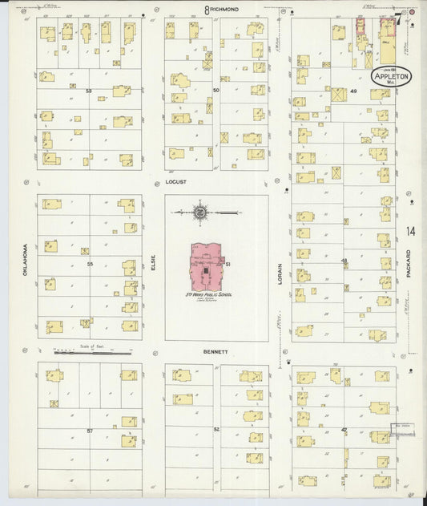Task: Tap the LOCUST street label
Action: (175, 183)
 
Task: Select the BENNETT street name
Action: (216, 351)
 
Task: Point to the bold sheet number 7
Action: (397, 18)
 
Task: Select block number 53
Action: (90, 91)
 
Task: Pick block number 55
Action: (90, 263)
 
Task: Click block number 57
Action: (90, 431)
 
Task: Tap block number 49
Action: (353, 91)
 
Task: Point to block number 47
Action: (344, 431)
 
